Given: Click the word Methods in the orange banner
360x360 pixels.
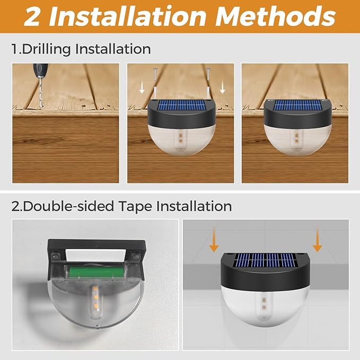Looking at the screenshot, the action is pyautogui.click(x=276, y=16).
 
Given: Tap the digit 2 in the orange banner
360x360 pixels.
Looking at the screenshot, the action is pyautogui.click(x=33, y=16).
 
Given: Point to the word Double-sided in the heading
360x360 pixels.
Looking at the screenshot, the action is pyautogui.click(x=68, y=206).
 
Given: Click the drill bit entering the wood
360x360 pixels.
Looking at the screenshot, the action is pyautogui.click(x=41, y=92).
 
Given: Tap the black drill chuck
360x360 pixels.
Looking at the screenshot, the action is pyautogui.click(x=40, y=70).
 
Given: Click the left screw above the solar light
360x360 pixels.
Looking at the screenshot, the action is pyautogui.click(x=155, y=74).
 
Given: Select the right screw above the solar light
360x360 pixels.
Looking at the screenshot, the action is pyautogui.click(x=208, y=74).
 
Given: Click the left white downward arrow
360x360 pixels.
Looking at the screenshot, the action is pyautogui.click(x=142, y=88).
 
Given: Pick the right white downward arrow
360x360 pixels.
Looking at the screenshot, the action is pyautogui.click(x=222, y=88).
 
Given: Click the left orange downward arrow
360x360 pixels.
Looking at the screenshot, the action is pyautogui.click(x=214, y=239).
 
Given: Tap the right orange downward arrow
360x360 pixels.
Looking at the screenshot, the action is pyautogui.click(x=317, y=239).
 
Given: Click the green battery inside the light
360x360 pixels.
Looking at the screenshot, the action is pyautogui.click(x=95, y=272).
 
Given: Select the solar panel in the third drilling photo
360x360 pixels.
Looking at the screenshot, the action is pyautogui.click(x=297, y=105).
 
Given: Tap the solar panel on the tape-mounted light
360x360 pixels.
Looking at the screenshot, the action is pyautogui.click(x=266, y=260).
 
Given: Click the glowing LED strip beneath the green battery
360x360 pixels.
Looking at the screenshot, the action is pyautogui.click(x=94, y=298).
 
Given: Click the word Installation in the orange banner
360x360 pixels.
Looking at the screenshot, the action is pyautogui.click(x=128, y=16).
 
